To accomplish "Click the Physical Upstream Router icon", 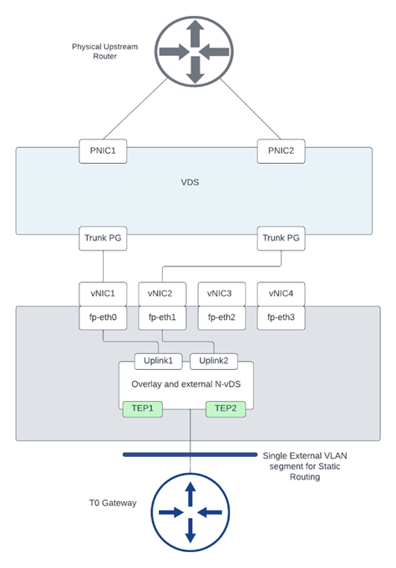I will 194,49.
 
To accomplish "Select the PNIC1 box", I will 103,151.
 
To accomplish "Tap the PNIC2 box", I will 280,151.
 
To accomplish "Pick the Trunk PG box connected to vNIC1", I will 103,236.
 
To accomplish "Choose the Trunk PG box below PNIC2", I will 281,236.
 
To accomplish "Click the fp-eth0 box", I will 103,318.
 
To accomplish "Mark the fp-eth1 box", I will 162,318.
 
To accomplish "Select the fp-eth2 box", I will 221,318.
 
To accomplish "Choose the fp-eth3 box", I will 281,318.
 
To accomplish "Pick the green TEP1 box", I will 142,409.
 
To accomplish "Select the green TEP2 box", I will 226,409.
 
